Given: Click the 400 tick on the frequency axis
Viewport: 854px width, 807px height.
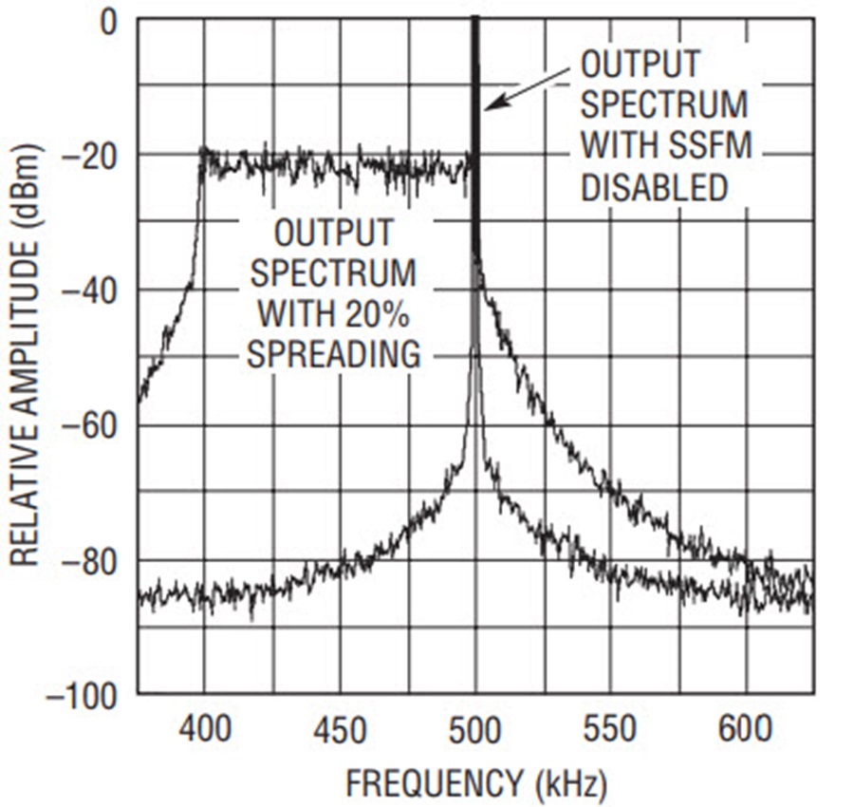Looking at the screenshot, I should tap(204, 732).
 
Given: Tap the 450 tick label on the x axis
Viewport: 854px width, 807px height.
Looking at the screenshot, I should tap(339, 732).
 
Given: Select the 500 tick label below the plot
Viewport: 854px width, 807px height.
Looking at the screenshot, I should tap(474, 732).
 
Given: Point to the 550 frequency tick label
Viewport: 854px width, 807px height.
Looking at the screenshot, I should tap(609, 732).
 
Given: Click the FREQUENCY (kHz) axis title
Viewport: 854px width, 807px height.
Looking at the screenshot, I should tap(475, 784).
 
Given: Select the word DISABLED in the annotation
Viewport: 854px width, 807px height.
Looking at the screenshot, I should tap(654, 188).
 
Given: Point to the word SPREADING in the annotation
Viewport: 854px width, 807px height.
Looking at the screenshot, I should tap(333, 354).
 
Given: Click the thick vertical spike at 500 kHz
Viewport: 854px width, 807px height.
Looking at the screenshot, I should tap(474, 142).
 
